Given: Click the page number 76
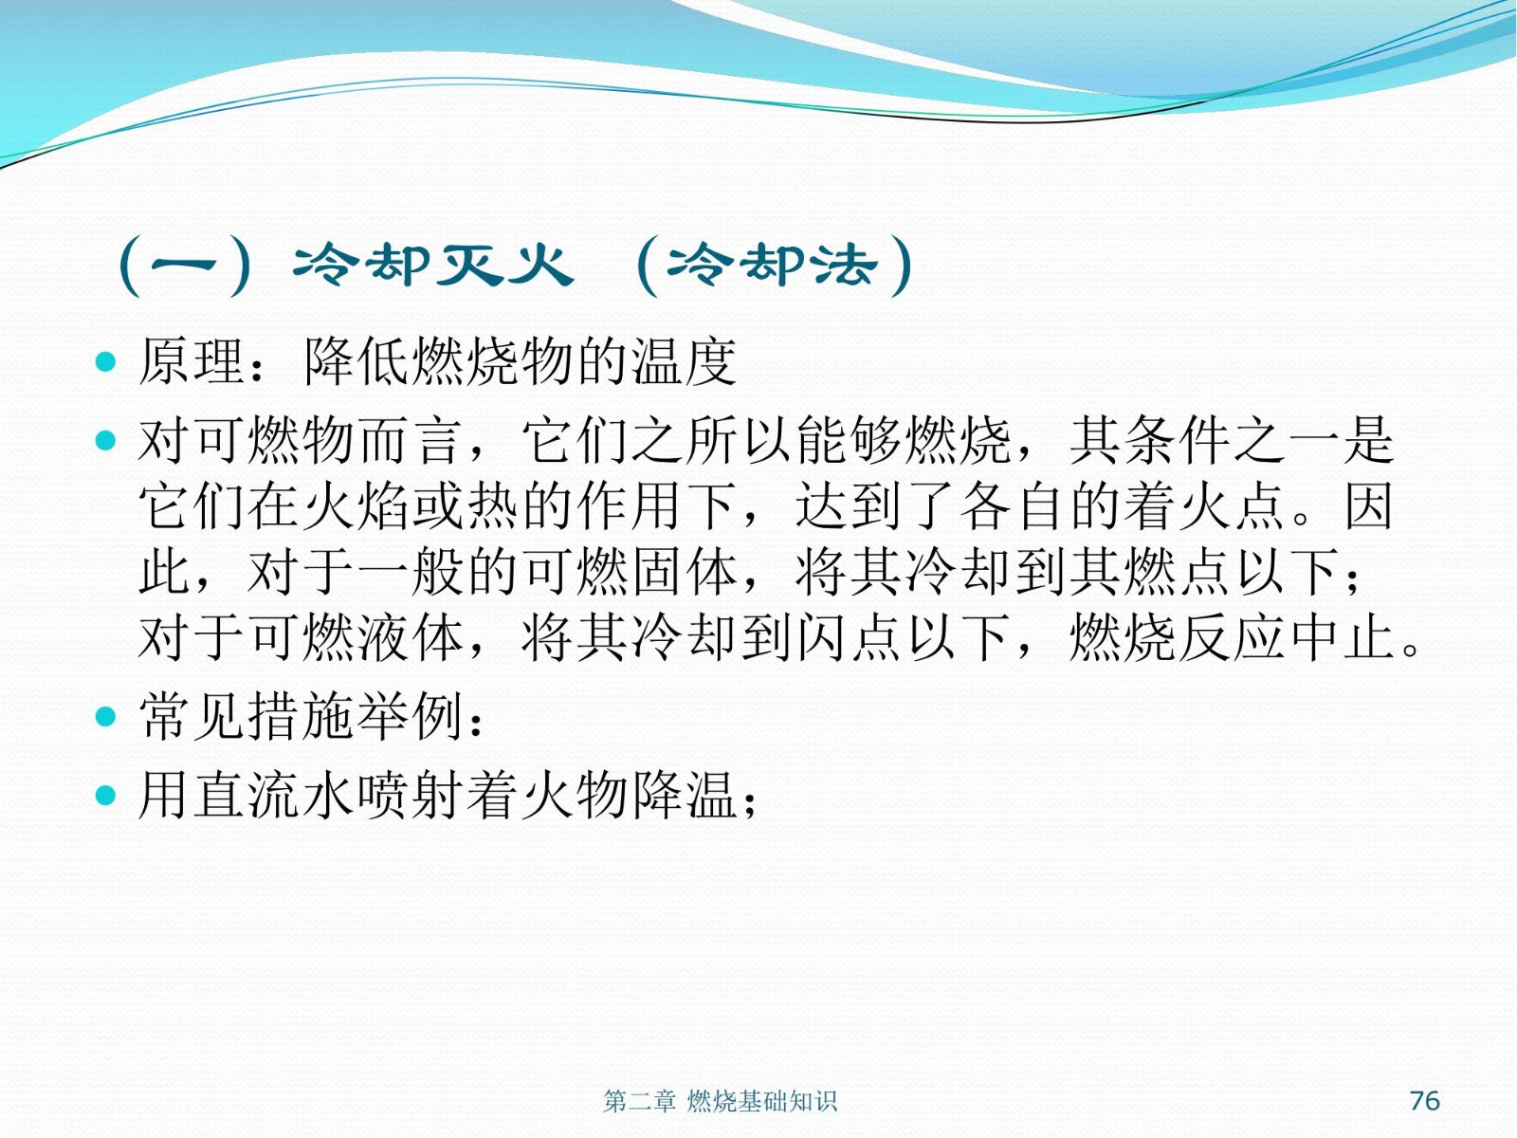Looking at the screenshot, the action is click(x=1424, y=1100).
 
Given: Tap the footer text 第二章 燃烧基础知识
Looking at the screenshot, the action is click(x=720, y=1101).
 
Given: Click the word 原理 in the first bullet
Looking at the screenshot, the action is click(x=192, y=361).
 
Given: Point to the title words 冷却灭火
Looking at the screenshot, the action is click(x=433, y=266).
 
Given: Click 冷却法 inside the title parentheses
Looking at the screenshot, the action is click(x=772, y=266).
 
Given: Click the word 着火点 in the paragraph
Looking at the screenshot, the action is click(x=1205, y=506).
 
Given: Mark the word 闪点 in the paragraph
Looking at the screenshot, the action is click(x=849, y=637).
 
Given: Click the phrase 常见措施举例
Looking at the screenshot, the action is click(x=301, y=716).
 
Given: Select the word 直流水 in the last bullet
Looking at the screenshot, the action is click(x=246, y=796).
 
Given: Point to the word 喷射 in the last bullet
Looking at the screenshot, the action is click(x=411, y=796).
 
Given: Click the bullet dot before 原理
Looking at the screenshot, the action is click(x=106, y=361).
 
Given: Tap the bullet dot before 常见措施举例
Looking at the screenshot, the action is click(x=106, y=717).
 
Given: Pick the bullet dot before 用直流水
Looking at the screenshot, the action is click(x=106, y=796).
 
